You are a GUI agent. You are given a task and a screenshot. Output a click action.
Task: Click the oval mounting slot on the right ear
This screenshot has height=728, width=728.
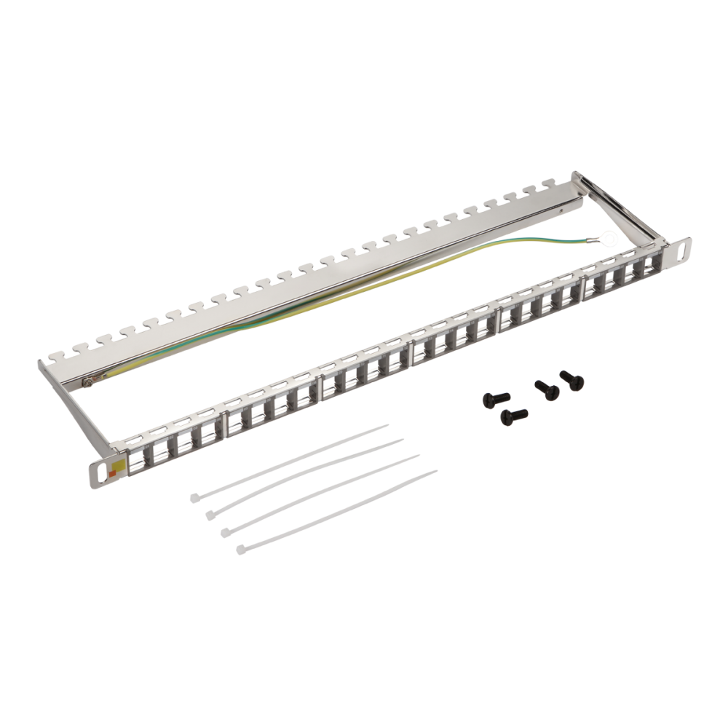pos(684,249)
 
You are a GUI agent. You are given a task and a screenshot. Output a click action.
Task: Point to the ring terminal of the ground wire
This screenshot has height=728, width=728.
pos(604,237)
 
